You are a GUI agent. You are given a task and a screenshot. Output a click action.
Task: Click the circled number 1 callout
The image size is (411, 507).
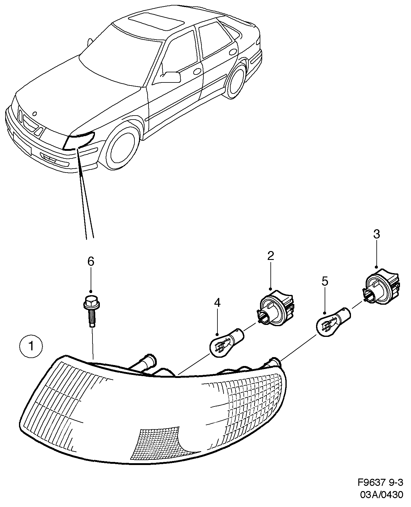31,346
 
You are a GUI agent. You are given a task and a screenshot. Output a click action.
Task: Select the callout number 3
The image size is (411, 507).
376,234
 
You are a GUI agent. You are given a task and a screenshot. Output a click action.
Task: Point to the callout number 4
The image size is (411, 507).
217,303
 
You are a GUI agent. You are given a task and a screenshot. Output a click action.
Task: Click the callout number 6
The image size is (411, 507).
91,261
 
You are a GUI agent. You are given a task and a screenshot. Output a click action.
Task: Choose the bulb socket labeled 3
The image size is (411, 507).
381,287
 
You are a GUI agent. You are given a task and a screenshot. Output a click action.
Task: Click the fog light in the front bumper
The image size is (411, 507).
48,158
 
